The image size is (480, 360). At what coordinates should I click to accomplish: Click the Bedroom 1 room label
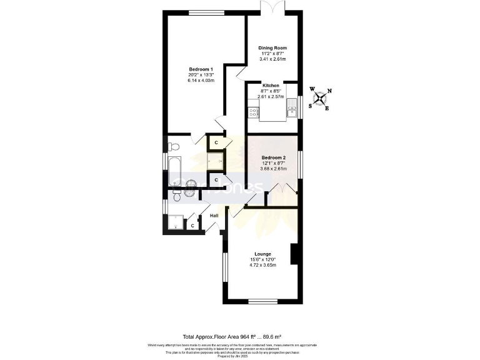(201, 69)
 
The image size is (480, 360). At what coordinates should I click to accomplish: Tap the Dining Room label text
(272, 47)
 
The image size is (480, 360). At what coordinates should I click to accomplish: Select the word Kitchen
(271, 85)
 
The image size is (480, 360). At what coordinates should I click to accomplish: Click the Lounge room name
(262, 254)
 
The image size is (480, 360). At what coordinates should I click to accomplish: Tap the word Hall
(214, 216)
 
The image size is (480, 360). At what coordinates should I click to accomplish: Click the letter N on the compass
(329, 91)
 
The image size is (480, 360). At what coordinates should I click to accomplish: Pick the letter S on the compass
(310, 106)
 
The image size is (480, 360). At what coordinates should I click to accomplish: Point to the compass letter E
(326, 107)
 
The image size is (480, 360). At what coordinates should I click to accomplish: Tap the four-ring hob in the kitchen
(253, 113)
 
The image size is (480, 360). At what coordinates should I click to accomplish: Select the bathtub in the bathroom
(174, 167)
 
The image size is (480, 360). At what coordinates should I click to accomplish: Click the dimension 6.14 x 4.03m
(201, 81)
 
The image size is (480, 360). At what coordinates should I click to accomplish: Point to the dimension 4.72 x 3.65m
(262, 265)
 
